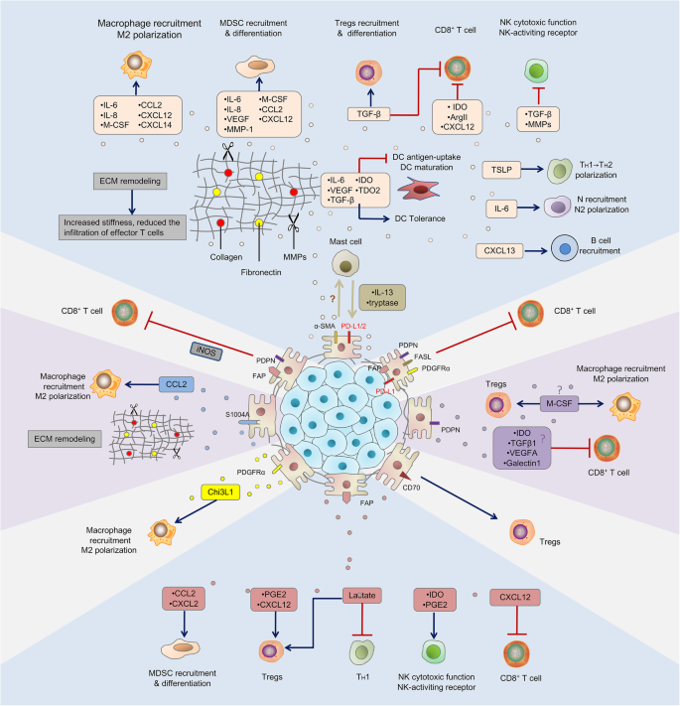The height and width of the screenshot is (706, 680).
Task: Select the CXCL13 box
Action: (x=502, y=248)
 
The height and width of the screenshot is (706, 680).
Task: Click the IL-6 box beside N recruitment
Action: (x=502, y=210)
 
